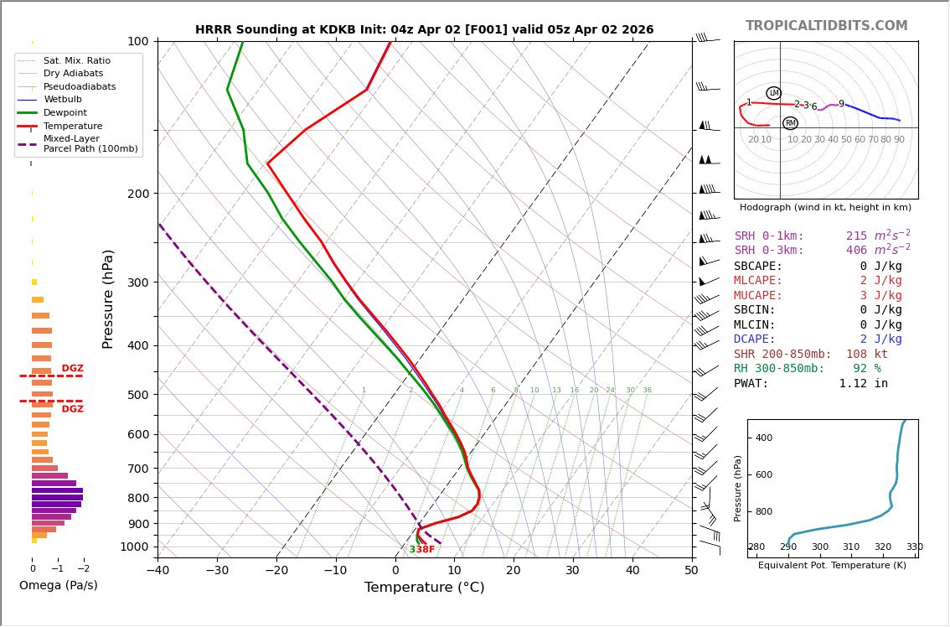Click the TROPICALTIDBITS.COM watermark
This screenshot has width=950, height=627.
[x=826, y=26]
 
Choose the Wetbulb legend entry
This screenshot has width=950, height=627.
[x=63, y=100]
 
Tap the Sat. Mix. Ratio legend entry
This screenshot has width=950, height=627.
[x=76, y=61]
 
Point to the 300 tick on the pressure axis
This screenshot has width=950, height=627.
[x=137, y=282]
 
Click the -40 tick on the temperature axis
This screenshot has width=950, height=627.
[x=157, y=571]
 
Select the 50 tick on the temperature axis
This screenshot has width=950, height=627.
[x=691, y=571]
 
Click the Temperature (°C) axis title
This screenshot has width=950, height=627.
[x=424, y=588]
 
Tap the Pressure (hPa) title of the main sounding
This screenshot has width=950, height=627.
[x=108, y=298]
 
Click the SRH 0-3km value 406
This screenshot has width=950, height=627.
[x=856, y=251]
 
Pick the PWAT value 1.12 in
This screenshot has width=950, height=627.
[x=863, y=384]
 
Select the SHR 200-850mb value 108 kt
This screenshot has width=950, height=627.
[x=866, y=355]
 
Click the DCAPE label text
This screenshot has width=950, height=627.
[x=755, y=339]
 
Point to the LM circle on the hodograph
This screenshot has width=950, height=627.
[x=773, y=93]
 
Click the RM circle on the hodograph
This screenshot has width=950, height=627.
[x=790, y=123]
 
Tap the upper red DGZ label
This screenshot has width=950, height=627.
[x=72, y=369]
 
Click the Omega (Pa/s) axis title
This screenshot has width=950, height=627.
[x=58, y=586]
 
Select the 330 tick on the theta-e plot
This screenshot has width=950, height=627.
[x=914, y=547]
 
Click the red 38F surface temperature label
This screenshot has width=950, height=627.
[x=425, y=550]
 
